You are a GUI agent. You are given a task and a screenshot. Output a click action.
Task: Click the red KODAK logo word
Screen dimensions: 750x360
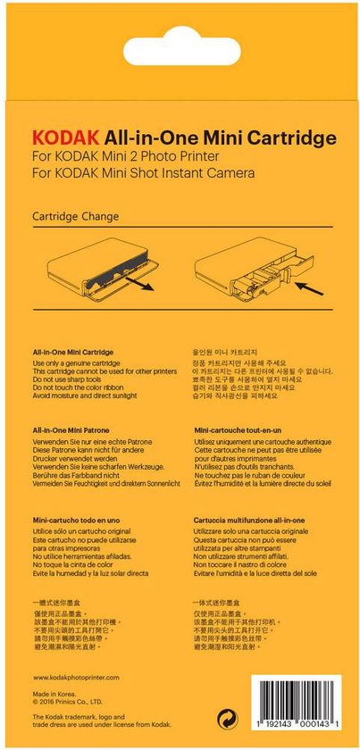(65, 138)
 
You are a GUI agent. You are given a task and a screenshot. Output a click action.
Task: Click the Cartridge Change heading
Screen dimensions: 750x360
(75, 216)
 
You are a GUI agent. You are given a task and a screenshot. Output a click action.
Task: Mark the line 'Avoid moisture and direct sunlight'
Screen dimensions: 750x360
(86, 397)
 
